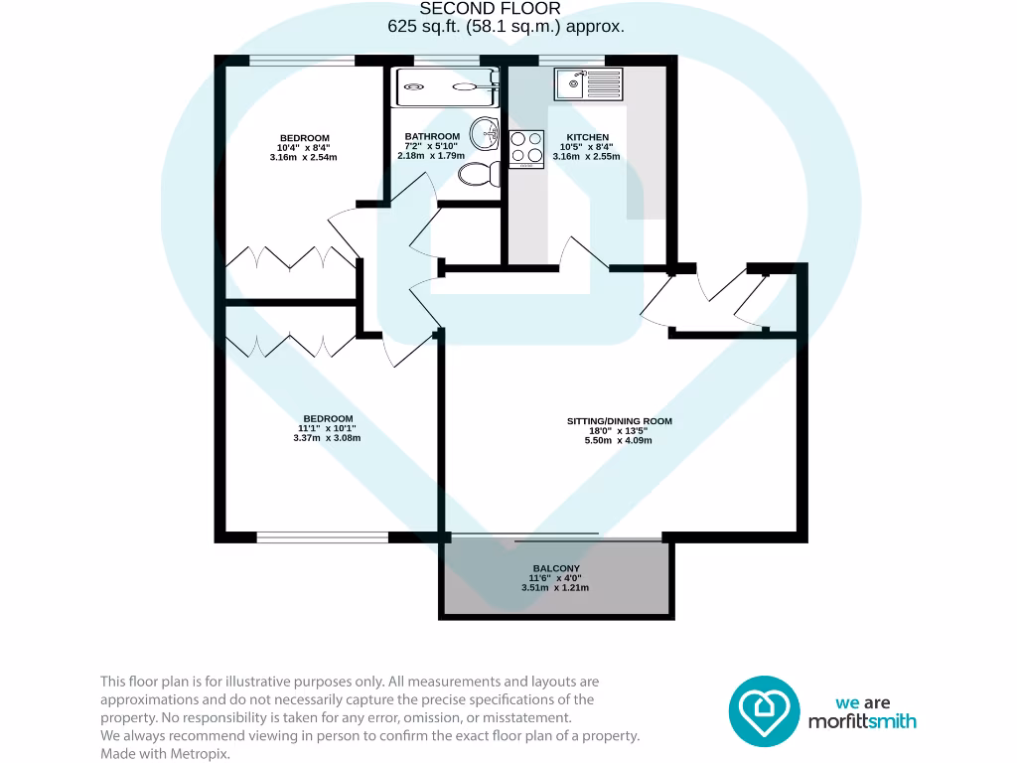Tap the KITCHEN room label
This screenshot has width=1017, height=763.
point(587,137)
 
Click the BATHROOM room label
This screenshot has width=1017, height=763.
point(432,137)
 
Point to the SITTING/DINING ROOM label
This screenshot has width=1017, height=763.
point(619,421)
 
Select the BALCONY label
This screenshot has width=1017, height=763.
point(555,568)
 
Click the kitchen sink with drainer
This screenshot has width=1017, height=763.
point(588,84)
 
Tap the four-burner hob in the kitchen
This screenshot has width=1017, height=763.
point(527,147)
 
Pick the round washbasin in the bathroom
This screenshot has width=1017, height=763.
point(486,130)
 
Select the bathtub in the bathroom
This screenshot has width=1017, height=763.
point(447,86)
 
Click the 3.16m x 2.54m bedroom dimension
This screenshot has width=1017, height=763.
point(304,157)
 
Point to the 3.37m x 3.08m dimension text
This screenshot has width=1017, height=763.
point(327,437)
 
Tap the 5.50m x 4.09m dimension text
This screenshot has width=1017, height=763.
point(619,440)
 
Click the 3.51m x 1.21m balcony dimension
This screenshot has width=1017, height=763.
point(555,587)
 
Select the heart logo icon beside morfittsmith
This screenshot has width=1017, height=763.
point(764,710)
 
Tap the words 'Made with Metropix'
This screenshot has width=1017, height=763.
point(165,754)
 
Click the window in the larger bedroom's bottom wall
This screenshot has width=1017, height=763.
point(322,537)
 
